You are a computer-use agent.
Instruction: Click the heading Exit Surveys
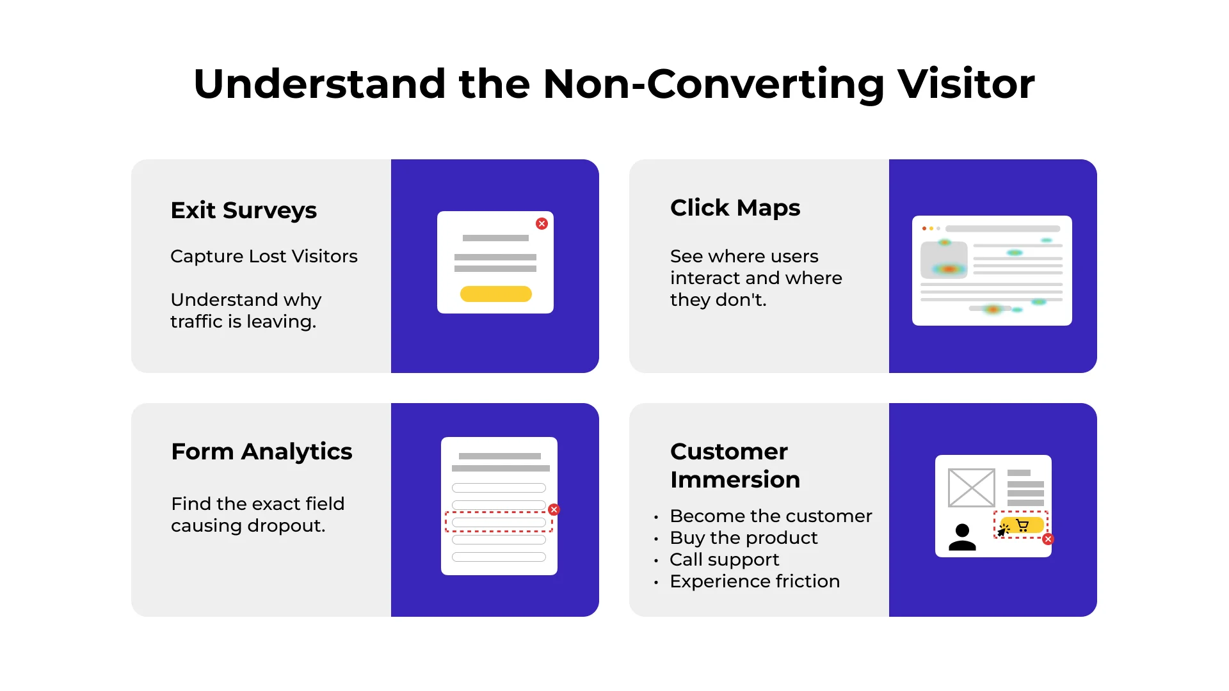[243, 210]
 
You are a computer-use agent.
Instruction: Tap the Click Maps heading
[735, 208]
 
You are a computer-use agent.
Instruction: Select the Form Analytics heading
[261, 452]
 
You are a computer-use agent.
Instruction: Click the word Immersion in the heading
[735, 480]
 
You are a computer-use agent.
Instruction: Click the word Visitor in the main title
[965, 84]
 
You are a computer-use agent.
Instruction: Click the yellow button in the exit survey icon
[495, 294]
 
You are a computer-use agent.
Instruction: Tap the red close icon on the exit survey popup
[542, 224]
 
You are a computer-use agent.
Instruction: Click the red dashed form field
[498, 522]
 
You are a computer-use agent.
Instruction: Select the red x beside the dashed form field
[554, 510]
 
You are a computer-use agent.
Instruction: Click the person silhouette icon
[962, 537]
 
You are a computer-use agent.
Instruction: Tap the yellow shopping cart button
[1023, 525]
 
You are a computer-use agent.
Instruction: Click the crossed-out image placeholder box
[971, 488]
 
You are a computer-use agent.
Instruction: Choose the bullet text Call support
[724, 560]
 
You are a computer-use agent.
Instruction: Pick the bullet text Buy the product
[743, 538]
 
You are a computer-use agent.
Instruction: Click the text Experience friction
[754, 582]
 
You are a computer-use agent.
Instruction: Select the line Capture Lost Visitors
[264, 257]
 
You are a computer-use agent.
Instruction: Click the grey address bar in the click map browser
[1002, 228]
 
